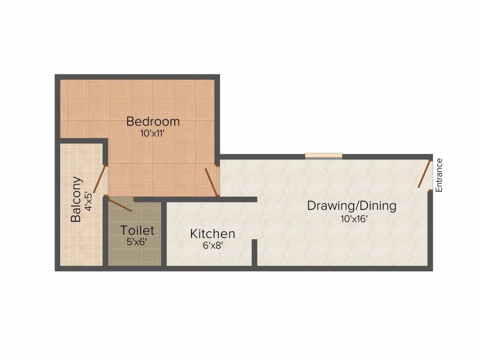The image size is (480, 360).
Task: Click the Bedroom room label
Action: [x=153, y=121]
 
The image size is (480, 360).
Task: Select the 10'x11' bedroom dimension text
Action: [x=153, y=133]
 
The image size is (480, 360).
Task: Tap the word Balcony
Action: [x=76, y=199]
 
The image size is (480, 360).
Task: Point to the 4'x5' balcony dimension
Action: [x=89, y=200]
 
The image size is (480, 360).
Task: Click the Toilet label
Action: [x=137, y=231]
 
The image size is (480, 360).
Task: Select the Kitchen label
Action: [x=212, y=233]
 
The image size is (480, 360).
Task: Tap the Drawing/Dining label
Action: [x=352, y=205]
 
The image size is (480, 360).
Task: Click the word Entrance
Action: [x=439, y=175]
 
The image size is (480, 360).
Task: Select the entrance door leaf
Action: [x=425, y=174]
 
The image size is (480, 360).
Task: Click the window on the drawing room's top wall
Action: [x=323, y=156]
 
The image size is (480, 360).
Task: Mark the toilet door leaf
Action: [x=120, y=205]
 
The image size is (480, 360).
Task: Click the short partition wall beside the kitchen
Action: [x=254, y=253]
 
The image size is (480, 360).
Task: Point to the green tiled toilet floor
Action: [x=136, y=255]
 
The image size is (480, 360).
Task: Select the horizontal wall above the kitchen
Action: [x=211, y=199]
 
